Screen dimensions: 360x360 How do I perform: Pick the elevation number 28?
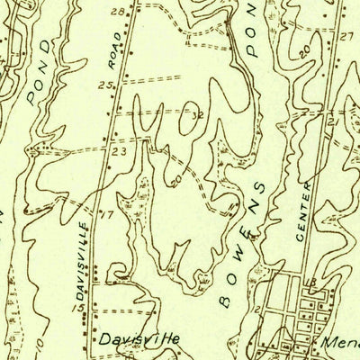pos(116,12)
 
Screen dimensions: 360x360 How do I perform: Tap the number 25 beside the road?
pos(105,85)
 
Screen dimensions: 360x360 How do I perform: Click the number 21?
pos(333,120)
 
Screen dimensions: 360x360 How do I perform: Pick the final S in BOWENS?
pos(261,187)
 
